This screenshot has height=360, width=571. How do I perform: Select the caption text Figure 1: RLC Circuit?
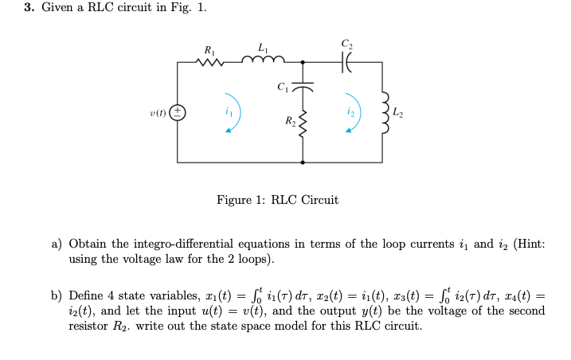(x=277, y=200)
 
